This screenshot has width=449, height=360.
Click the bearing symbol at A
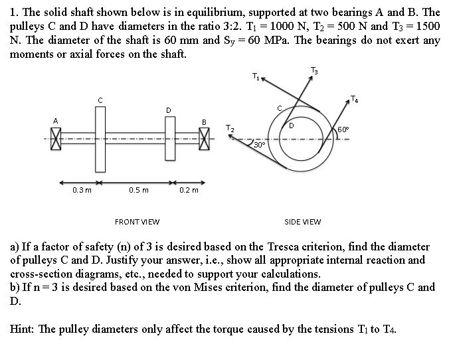tap(56, 138)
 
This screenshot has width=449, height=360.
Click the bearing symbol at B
tap(205, 139)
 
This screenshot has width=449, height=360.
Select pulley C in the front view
tap(100, 138)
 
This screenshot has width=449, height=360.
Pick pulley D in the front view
tap(169, 138)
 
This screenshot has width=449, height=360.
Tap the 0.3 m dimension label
tap(82, 190)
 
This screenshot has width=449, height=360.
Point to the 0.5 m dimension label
tap(139, 190)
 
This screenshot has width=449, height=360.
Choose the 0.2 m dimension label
tap(189, 190)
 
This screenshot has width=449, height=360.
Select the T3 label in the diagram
tap(314, 70)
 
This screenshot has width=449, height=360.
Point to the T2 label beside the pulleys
tap(229, 127)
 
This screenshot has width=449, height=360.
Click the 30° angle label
tap(259, 143)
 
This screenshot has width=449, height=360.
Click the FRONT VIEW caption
tap(137, 222)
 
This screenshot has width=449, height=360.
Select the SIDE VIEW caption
tap(302, 222)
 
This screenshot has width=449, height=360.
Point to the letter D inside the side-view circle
tap(291, 125)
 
